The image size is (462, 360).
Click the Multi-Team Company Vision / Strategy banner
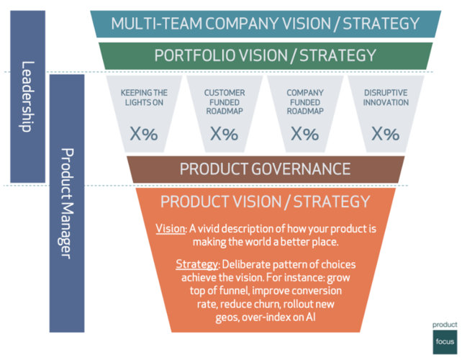point(266,23)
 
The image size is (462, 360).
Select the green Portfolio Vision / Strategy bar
point(266,55)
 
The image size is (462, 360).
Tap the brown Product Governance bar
point(266,169)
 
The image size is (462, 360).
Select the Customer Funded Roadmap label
point(225,103)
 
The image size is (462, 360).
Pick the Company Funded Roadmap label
point(305,103)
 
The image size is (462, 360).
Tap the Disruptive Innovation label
point(386,98)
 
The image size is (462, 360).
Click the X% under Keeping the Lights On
point(145,134)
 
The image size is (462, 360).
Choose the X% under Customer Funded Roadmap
point(225,134)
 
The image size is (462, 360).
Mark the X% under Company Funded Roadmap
point(305,134)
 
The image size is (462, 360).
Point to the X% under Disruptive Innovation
point(386,134)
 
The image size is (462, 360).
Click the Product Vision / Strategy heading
point(266,202)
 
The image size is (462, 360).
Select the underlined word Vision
point(171,228)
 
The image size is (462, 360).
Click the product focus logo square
point(445,338)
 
